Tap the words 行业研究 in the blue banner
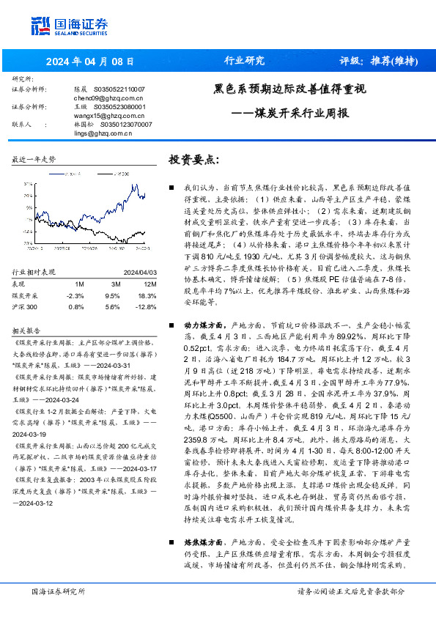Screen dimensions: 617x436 [x=243, y=61]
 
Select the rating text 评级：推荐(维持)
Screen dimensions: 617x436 [x=374, y=61]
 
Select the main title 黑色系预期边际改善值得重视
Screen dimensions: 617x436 [x=289, y=89]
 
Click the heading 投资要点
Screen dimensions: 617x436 [x=194, y=160]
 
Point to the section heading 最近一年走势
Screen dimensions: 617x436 [x=34, y=159]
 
